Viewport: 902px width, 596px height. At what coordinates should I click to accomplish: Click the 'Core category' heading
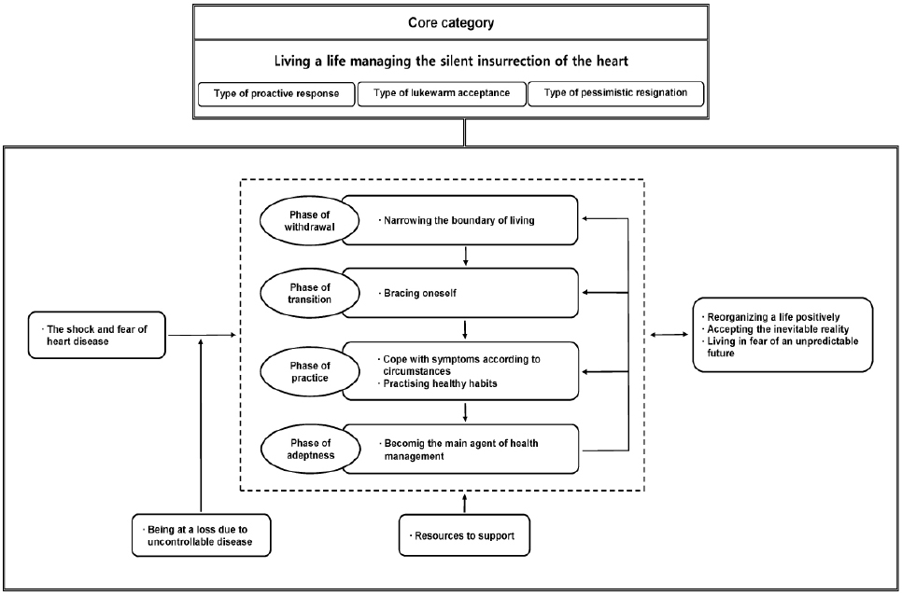click(x=451, y=23)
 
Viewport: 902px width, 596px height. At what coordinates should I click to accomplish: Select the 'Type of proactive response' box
click(x=276, y=93)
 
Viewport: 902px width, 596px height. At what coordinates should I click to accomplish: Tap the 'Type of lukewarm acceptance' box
click(x=442, y=93)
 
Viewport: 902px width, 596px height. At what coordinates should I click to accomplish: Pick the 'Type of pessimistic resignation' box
click(x=615, y=93)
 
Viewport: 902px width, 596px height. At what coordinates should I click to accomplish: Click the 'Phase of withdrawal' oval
click(x=309, y=221)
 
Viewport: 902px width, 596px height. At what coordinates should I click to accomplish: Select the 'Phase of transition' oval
click(x=309, y=293)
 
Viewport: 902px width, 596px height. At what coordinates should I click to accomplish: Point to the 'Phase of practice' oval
click(x=309, y=371)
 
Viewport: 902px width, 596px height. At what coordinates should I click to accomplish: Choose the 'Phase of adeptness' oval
click(x=311, y=449)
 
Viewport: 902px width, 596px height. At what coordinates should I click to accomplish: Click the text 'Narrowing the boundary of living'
click(x=459, y=220)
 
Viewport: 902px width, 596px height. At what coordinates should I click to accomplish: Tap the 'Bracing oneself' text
click(x=420, y=293)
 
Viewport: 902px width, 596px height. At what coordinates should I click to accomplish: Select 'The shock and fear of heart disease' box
click(x=97, y=335)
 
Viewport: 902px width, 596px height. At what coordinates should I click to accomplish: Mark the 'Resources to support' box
click(x=464, y=535)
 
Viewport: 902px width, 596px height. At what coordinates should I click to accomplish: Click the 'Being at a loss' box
click(x=202, y=535)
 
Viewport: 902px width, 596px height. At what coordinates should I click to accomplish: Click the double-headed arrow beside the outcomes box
click(x=669, y=335)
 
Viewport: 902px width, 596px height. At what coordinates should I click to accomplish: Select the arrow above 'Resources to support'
click(x=465, y=503)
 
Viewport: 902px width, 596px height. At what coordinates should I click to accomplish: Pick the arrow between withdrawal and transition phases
click(x=466, y=256)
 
